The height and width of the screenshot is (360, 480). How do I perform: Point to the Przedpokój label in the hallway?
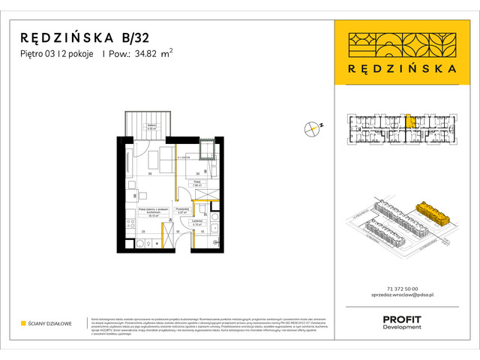(x=181, y=210)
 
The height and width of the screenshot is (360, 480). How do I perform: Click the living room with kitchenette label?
(x=150, y=211)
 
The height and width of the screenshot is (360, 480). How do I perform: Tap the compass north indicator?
(x=313, y=128)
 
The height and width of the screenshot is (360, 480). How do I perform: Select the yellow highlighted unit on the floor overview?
(x=409, y=121)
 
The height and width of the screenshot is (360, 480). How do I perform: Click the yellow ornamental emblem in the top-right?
(x=405, y=44)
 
